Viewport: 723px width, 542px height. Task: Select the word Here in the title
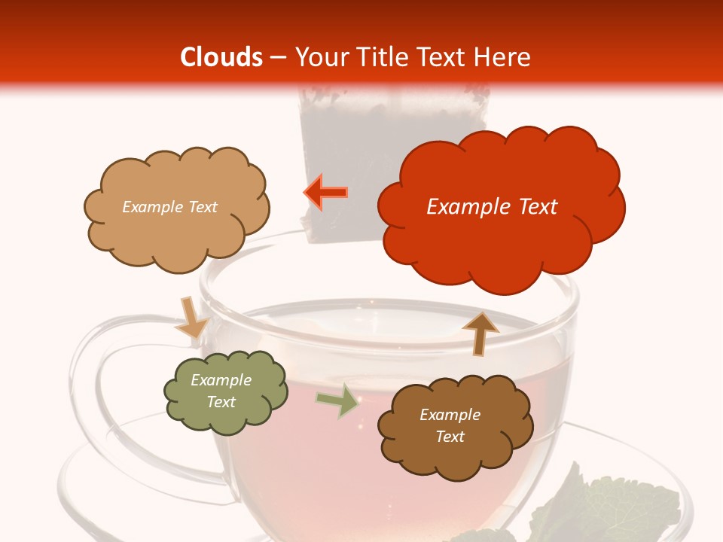[x=505, y=57]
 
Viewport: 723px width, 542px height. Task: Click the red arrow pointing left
[x=326, y=193]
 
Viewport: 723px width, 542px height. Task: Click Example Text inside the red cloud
[x=492, y=207]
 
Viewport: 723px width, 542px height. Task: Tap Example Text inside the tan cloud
[x=169, y=207]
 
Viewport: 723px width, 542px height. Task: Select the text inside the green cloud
[x=221, y=391]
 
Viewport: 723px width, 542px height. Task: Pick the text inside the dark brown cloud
[x=450, y=425]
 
